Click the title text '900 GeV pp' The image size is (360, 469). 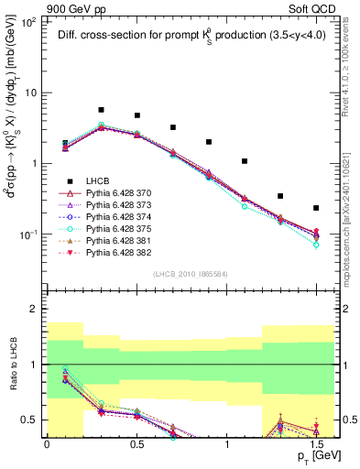pos(74,7)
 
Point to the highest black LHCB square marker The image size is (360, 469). pos(101,110)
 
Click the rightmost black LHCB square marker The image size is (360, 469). pos(316,208)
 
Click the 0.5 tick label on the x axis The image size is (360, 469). pos(136,444)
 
